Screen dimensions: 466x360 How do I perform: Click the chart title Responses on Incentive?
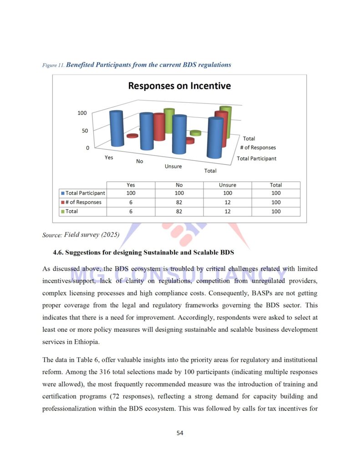(x=179, y=86)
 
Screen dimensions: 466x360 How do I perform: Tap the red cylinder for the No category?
(x=159, y=127)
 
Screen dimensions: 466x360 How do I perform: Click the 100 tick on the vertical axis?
(x=81, y=113)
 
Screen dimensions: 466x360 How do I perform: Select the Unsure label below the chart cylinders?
(x=173, y=167)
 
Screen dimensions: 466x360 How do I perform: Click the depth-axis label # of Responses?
(x=258, y=147)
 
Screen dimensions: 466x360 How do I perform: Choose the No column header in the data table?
(x=179, y=185)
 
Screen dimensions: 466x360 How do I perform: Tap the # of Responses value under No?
(x=179, y=203)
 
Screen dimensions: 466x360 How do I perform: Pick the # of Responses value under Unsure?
(x=228, y=203)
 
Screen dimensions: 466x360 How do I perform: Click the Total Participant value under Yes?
(x=131, y=193)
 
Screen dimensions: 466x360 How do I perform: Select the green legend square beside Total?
(x=63, y=211)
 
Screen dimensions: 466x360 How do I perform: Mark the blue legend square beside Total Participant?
(x=63, y=193)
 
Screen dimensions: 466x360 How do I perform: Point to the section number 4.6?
(x=59, y=252)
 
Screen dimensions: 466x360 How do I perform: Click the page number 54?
(x=180, y=433)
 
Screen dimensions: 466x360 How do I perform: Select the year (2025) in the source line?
(x=108, y=235)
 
